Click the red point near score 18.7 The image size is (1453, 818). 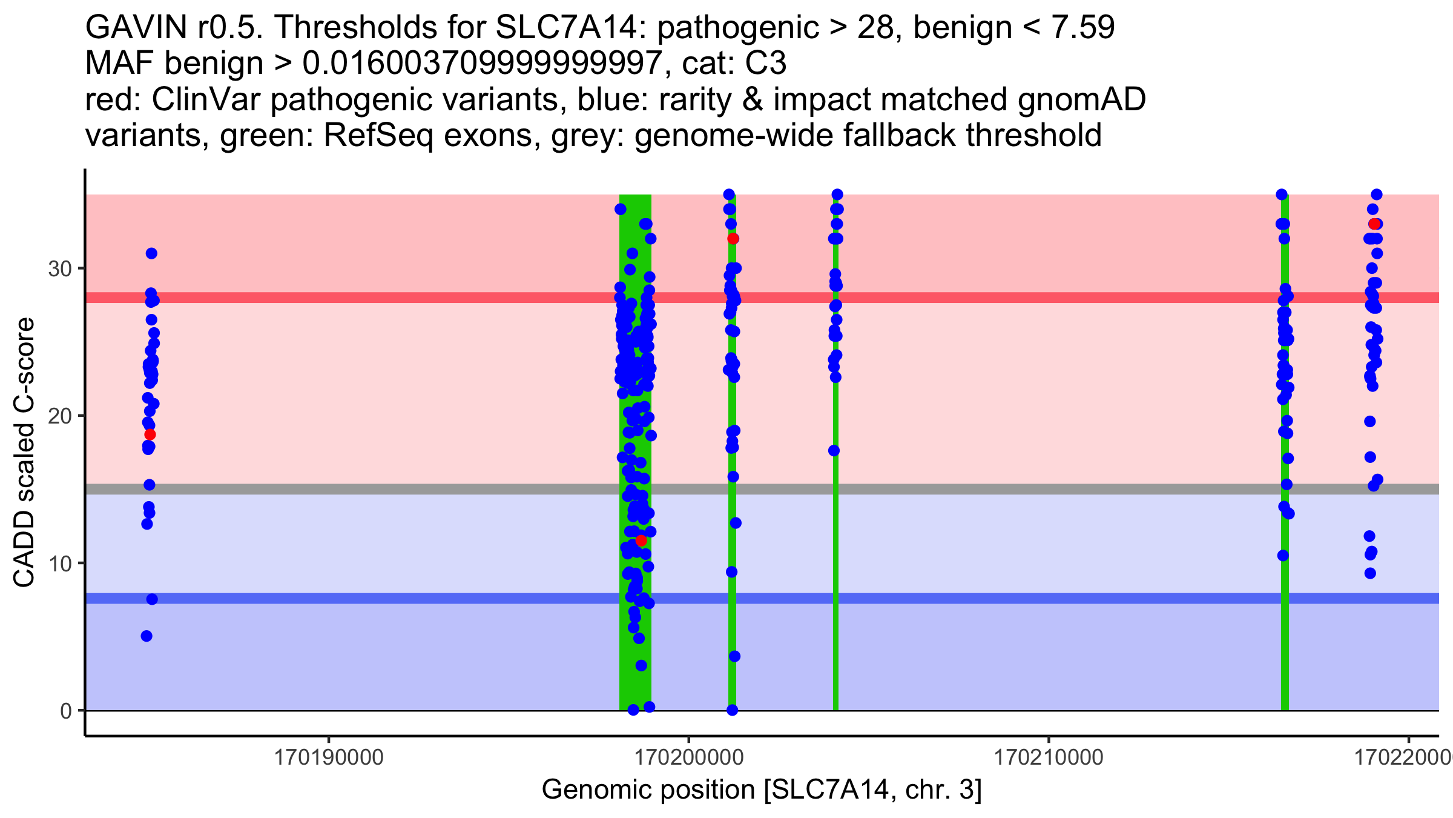coord(150,434)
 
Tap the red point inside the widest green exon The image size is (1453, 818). coord(641,540)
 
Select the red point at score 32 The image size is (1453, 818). coord(733,239)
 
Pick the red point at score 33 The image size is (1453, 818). coord(1375,224)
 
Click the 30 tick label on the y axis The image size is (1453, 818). coord(60,268)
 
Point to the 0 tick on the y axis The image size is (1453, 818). coord(66,711)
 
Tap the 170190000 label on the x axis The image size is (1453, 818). coord(329,757)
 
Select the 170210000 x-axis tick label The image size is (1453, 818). coord(1049,757)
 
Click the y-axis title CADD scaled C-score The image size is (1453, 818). coord(24,453)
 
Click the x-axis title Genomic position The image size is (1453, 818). coord(762,790)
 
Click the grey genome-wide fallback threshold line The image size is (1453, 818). coord(424,489)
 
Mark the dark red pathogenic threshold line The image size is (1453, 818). coord(424,298)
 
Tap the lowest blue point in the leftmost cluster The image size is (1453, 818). coord(147,636)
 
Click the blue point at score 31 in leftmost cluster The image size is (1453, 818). coord(151,253)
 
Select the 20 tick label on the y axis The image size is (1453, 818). coord(60,416)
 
